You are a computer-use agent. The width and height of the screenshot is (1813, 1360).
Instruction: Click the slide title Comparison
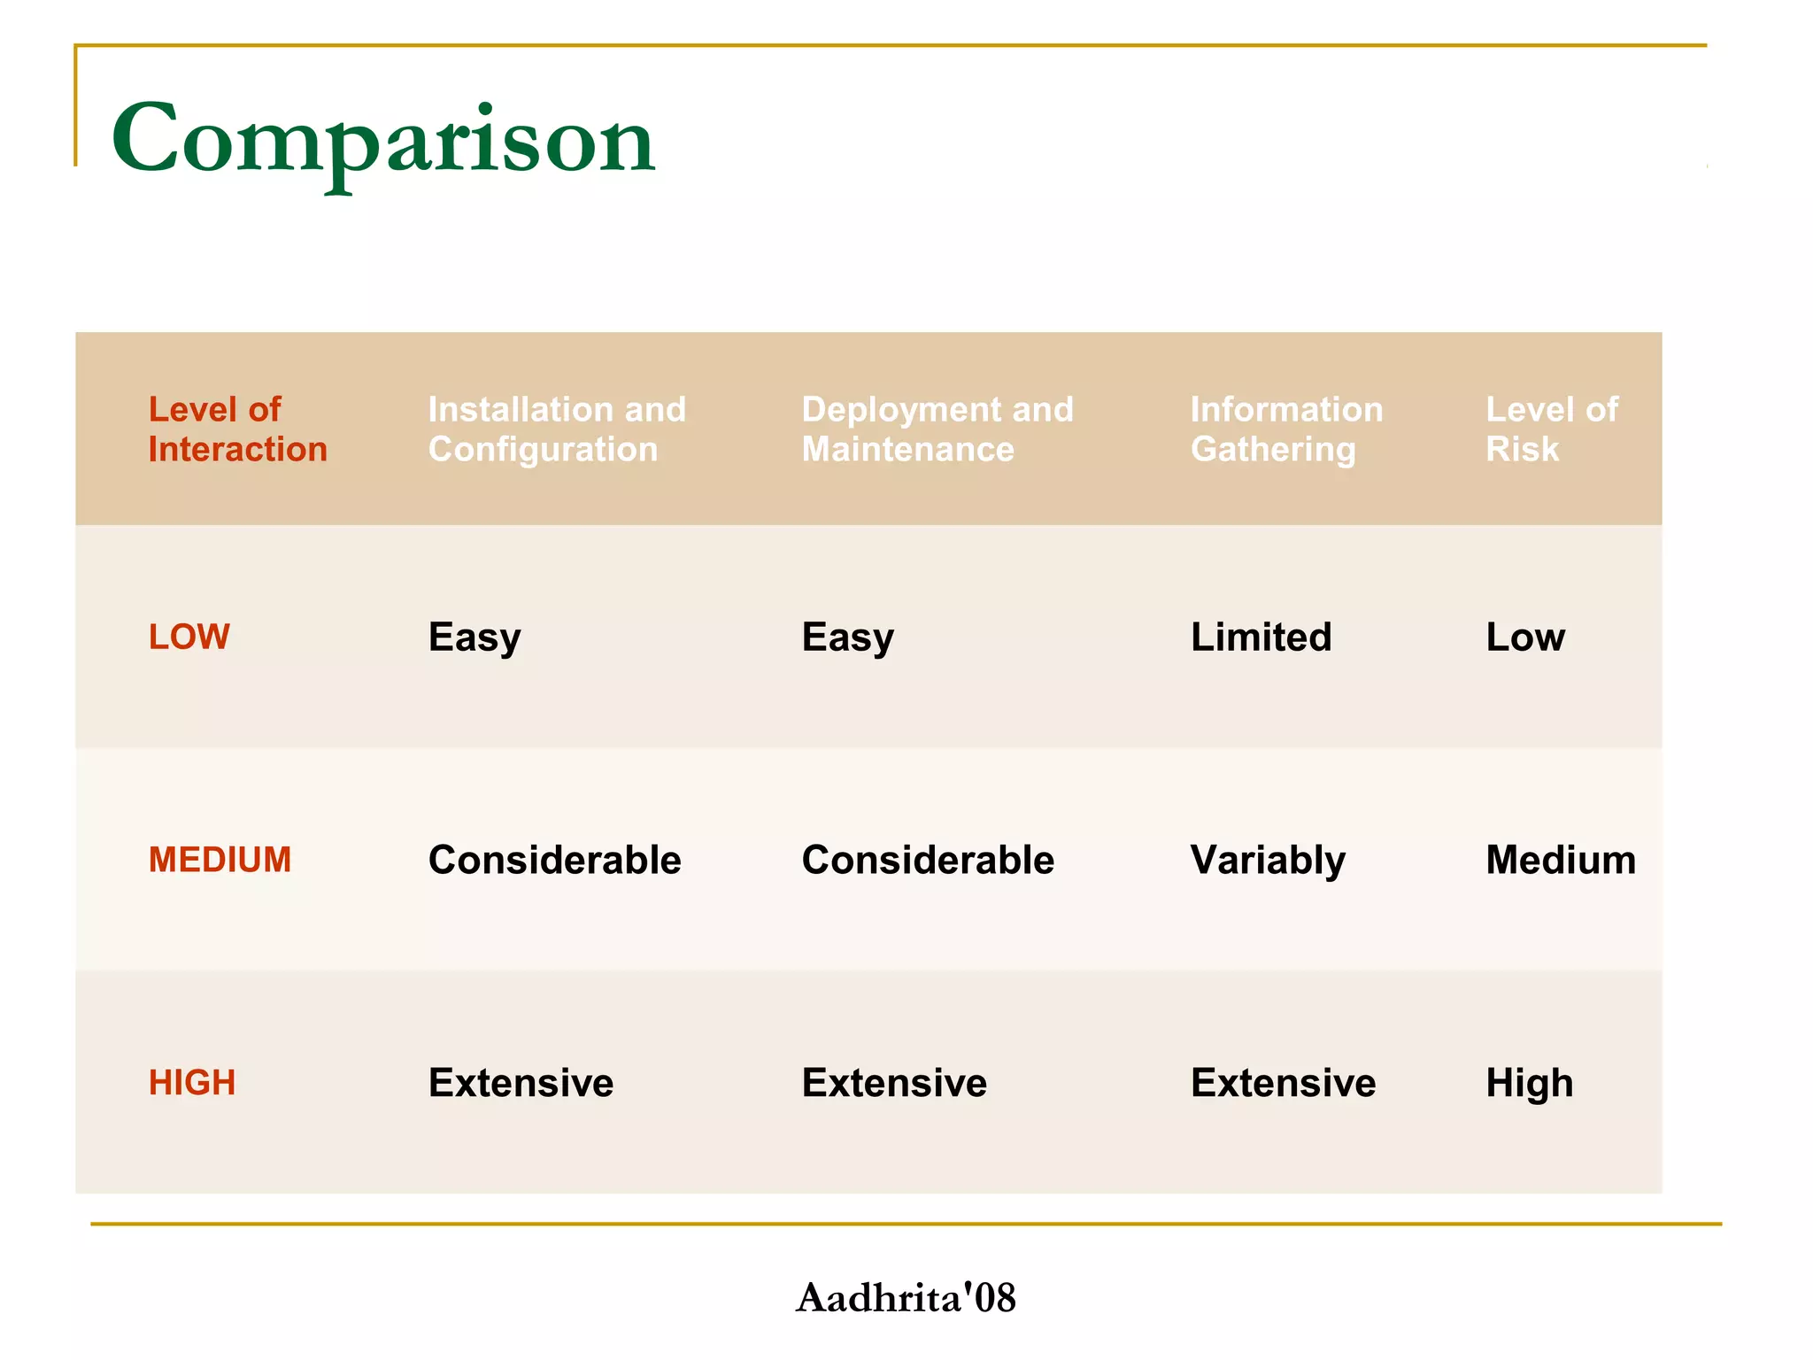point(382,140)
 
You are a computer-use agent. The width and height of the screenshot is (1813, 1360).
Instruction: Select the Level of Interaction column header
point(237,429)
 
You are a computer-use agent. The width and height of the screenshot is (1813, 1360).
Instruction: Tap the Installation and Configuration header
point(557,429)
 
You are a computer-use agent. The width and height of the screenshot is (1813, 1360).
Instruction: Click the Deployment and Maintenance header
point(937,429)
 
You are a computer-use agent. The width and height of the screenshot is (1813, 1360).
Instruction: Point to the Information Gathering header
point(1286,429)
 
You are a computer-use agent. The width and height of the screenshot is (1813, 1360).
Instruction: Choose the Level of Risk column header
point(1551,429)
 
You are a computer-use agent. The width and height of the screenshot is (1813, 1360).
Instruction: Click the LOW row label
point(189,637)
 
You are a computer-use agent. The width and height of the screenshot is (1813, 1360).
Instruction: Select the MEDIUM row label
point(220,860)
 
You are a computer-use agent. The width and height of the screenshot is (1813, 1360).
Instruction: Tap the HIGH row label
point(192,1083)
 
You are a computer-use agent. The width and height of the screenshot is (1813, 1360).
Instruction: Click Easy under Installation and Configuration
point(474,637)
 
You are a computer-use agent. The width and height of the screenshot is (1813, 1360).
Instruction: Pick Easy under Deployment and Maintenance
point(847,637)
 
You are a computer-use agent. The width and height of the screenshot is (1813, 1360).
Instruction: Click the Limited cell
point(1261,637)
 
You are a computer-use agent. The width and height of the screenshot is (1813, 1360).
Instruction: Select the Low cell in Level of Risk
point(1525,637)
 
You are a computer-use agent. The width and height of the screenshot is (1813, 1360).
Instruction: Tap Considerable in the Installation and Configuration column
point(554,860)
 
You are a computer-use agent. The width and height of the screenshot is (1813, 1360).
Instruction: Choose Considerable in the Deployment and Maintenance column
point(928,860)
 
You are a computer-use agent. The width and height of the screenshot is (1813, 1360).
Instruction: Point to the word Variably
point(1268,861)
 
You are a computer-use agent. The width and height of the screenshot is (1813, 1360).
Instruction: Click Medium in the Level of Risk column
point(1561,860)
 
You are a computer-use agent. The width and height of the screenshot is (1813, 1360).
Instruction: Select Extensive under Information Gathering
point(1283,1083)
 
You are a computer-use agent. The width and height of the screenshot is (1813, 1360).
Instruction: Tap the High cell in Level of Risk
point(1530,1083)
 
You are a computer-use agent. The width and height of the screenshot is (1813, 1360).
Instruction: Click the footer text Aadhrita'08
point(906,1298)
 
